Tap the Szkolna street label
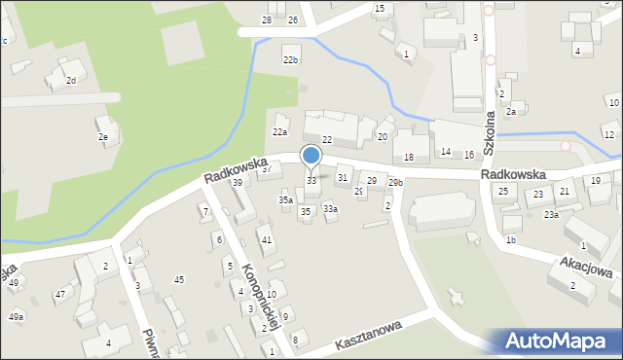[490, 124]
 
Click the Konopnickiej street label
[261, 297]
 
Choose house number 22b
[290, 60]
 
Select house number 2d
[70, 80]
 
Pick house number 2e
[102, 138]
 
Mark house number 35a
[285, 199]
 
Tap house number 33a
[330, 208]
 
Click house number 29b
[395, 183]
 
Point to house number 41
[266, 239]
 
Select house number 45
[179, 280]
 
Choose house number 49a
[16, 317]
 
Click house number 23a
[551, 214]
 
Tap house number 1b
[510, 239]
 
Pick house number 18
[409, 158]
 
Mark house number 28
[267, 20]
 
